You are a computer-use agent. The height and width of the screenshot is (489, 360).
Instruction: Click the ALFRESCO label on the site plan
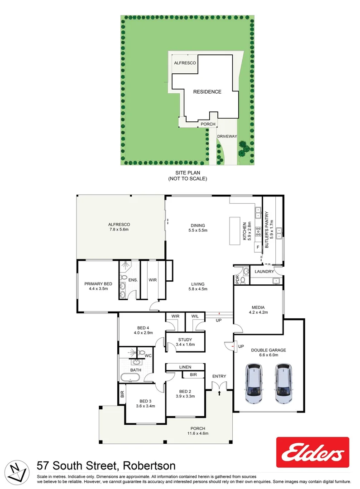185,63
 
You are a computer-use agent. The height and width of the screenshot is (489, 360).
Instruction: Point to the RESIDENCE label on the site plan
207,92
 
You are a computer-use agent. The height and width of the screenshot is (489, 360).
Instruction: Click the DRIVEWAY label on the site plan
226,135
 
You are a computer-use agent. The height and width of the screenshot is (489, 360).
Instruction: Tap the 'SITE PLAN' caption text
187,173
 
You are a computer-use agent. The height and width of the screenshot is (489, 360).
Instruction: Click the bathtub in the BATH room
131,378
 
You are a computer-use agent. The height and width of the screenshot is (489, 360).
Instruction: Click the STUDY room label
185,340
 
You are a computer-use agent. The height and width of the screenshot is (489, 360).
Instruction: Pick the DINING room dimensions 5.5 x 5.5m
197,230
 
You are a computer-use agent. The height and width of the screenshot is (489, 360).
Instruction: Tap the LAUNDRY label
264,272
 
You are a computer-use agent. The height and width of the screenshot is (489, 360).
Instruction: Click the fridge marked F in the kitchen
258,247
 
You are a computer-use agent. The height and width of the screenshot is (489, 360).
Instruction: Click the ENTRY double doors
219,385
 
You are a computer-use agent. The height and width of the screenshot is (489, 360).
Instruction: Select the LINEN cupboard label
185,367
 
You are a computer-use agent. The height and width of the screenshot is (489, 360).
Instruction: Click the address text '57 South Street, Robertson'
106,465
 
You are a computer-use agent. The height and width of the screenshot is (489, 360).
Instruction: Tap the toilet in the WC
142,354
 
